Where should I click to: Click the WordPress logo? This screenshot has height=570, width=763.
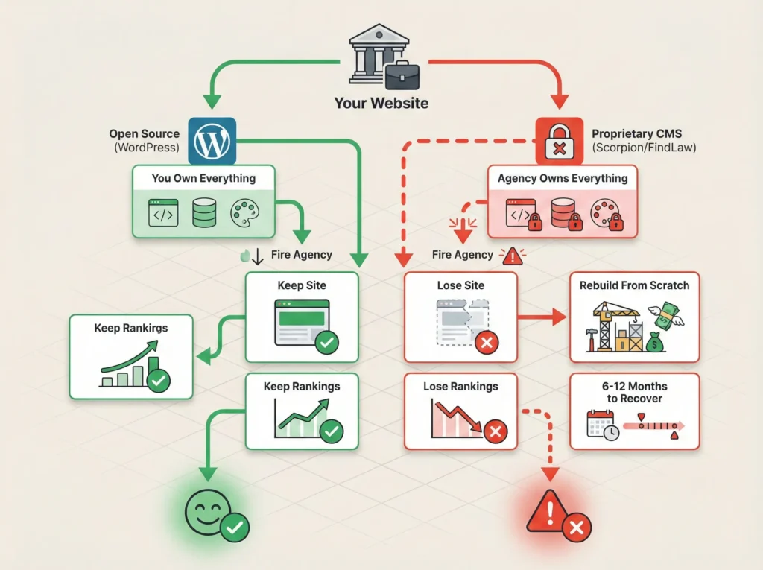213,141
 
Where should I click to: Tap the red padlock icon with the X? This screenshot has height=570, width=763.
560,142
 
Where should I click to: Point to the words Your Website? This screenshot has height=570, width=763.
381,103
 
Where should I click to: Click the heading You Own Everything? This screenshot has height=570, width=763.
203,179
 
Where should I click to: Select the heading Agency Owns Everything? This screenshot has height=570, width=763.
563,179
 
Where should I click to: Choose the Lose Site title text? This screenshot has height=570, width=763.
460,285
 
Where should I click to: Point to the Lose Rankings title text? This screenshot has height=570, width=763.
460,387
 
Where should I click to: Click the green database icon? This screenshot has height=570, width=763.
203,212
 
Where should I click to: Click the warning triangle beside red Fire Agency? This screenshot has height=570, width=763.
513,256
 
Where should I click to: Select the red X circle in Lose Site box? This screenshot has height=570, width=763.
487,343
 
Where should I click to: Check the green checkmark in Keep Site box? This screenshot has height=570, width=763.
327,343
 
